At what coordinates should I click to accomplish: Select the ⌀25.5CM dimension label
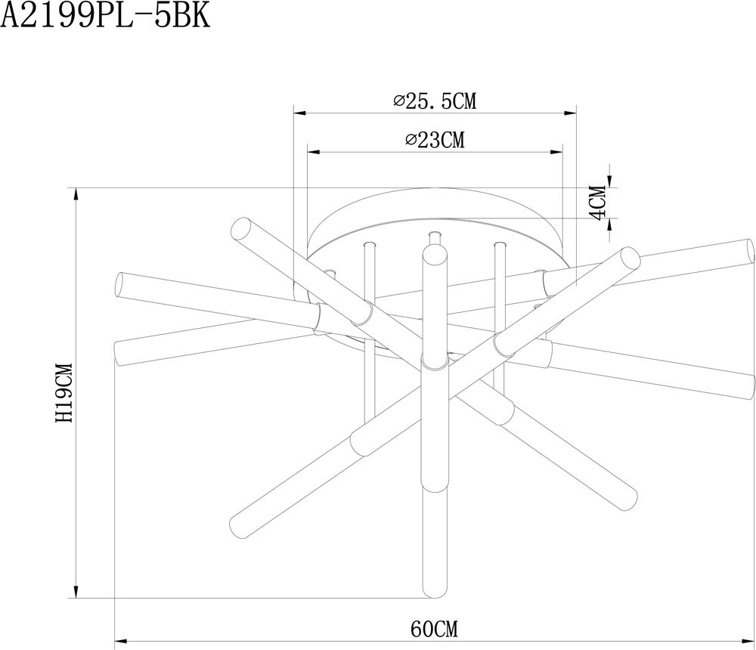435,101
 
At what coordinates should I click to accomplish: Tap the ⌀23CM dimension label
435,140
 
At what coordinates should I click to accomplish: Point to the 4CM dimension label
598,203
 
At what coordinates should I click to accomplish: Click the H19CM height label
64,393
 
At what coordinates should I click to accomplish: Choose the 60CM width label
435,629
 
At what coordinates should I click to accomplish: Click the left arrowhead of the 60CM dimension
121,642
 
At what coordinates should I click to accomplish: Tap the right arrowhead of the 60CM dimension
748,642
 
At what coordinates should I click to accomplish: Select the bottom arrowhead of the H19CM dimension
76,592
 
